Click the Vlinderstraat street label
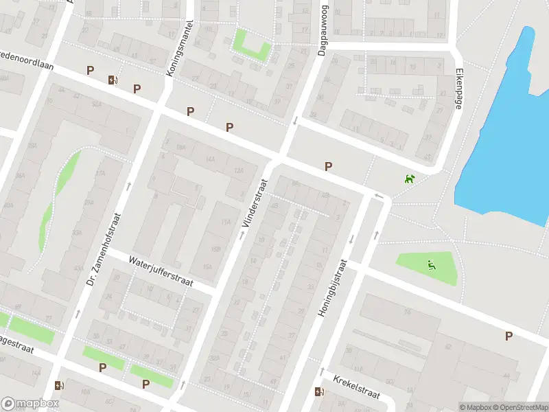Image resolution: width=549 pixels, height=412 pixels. click(x=254, y=204)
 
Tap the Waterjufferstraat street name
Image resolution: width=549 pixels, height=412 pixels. click(x=161, y=271)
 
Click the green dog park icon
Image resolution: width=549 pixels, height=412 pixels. click(x=410, y=179)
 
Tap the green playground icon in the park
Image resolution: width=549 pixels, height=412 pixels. click(x=431, y=265)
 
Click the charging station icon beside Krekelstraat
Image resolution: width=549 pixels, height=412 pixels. click(x=318, y=392)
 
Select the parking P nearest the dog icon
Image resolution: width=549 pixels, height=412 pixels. click(x=329, y=166)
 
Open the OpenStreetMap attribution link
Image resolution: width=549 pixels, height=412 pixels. click(x=517, y=407)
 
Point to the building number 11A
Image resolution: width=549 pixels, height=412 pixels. click(x=226, y=222)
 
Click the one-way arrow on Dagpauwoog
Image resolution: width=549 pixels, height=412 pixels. click(x=295, y=121)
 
